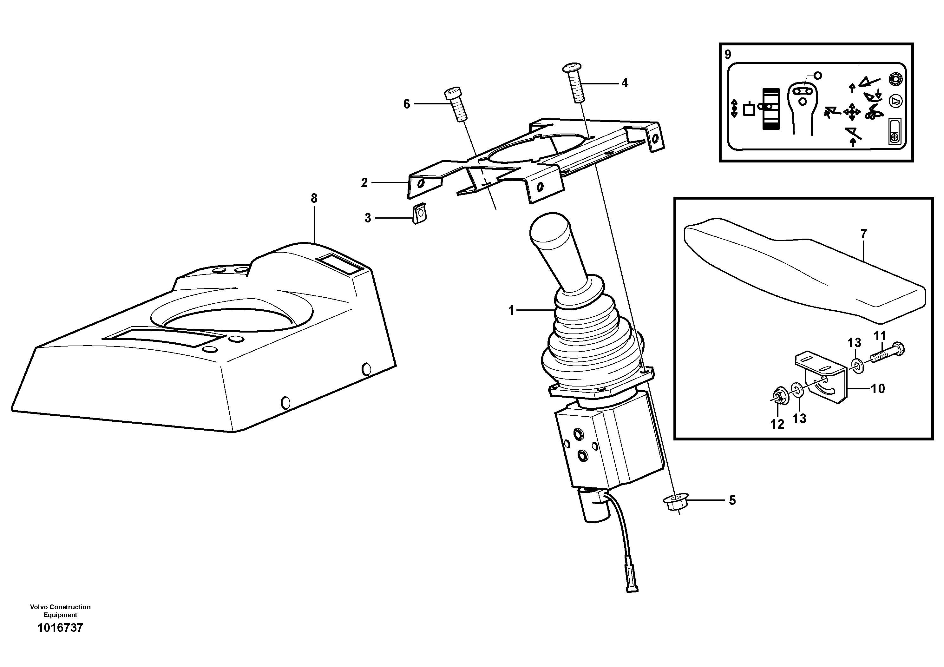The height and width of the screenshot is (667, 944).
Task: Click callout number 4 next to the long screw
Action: (x=625, y=83)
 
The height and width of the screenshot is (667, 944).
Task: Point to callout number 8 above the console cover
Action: (x=314, y=198)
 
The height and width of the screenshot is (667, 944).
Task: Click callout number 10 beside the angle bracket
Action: (x=878, y=389)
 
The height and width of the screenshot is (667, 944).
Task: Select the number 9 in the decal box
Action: (x=728, y=55)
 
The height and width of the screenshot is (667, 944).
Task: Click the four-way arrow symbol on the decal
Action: (x=851, y=112)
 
